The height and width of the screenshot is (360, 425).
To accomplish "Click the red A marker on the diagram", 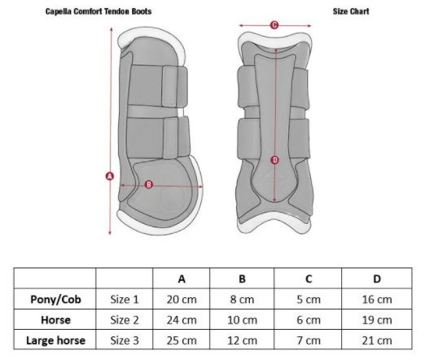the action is (x=110, y=177).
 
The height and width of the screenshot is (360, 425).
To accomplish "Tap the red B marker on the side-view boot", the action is (x=149, y=185).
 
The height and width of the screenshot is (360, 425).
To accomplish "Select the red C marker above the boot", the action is (x=274, y=25).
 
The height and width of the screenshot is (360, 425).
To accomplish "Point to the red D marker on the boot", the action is (x=275, y=160).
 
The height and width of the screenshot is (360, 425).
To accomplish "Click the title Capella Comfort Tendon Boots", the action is (x=99, y=11).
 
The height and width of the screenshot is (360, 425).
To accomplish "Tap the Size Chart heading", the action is (x=351, y=11).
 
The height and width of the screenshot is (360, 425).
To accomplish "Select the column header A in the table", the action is (x=182, y=279).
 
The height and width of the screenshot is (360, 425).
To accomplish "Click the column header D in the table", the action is (x=377, y=279).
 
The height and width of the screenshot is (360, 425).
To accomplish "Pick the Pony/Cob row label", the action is (x=55, y=300).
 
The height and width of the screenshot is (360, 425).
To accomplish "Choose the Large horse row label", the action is (x=55, y=340).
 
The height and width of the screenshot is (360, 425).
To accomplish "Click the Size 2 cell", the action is (x=125, y=320).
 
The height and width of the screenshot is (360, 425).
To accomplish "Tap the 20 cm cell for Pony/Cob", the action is (x=182, y=300).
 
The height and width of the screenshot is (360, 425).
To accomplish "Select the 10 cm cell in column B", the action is (x=242, y=320).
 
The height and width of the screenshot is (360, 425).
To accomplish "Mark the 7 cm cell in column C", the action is (x=309, y=340).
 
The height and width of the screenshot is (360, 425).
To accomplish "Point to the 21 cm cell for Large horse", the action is (x=377, y=340).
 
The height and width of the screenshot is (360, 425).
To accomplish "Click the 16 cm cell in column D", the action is (x=377, y=300).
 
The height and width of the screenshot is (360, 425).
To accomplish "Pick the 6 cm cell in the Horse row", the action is (x=309, y=320).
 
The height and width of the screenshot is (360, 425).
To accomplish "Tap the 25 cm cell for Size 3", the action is (x=182, y=340).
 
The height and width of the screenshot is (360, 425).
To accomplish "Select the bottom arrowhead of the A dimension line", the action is (x=110, y=232).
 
